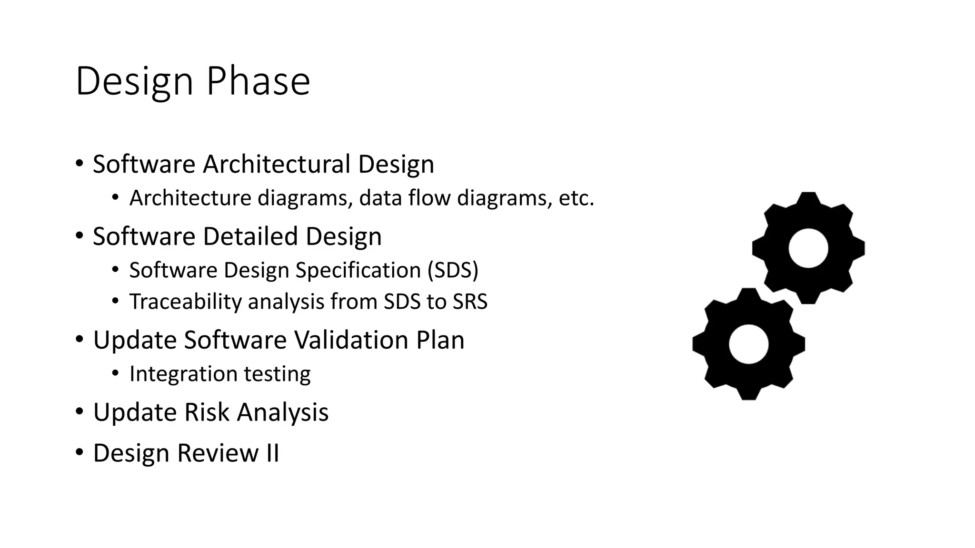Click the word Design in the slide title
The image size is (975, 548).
click(134, 82)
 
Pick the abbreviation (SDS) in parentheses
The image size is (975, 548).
click(453, 270)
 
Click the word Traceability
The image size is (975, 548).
click(185, 302)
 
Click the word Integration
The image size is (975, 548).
click(183, 374)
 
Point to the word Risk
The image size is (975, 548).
click(207, 412)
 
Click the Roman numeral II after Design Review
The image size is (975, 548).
click(272, 453)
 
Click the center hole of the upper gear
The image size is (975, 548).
click(808, 248)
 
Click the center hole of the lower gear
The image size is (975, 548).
click(748, 344)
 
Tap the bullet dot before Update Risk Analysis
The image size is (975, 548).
click(80, 411)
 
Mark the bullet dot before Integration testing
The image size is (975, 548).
click(115, 373)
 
